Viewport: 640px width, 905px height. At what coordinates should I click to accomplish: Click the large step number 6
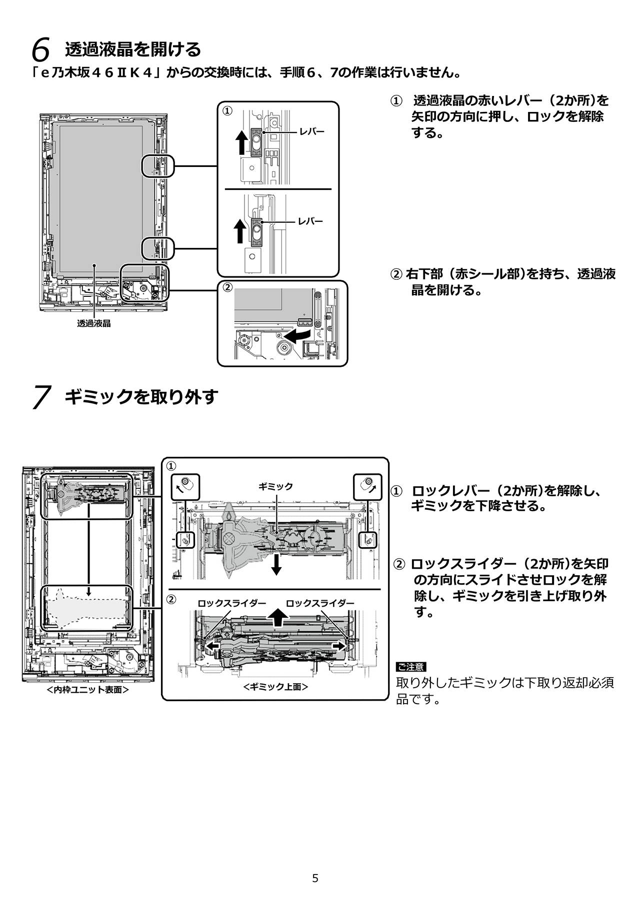pos(40,50)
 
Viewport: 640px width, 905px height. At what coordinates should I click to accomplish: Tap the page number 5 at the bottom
pos(315,878)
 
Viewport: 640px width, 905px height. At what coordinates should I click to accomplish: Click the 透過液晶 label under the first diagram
pos(94,323)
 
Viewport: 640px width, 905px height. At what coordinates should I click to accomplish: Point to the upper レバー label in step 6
pos(311,132)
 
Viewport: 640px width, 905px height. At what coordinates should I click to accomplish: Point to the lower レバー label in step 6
pos(310,221)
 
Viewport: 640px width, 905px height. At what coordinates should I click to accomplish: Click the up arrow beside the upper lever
pos(240,141)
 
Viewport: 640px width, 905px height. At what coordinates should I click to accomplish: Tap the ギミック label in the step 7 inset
pos(275,486)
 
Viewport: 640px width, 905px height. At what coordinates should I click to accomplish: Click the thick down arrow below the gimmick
pos(276,564)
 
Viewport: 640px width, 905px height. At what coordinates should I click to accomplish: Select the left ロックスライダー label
pos(232,603)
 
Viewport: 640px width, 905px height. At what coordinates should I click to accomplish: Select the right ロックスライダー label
pos(320,603)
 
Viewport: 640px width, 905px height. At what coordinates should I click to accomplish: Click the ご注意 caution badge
pos(410,667)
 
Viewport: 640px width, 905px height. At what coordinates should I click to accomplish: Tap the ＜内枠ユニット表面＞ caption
pos(87,690)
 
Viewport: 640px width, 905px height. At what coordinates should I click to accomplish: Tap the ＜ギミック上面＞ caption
pos(275,687)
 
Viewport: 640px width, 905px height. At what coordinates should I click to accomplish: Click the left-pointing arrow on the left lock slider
pos(213,646)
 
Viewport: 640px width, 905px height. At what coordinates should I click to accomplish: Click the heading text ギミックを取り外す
pos(141,397)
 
